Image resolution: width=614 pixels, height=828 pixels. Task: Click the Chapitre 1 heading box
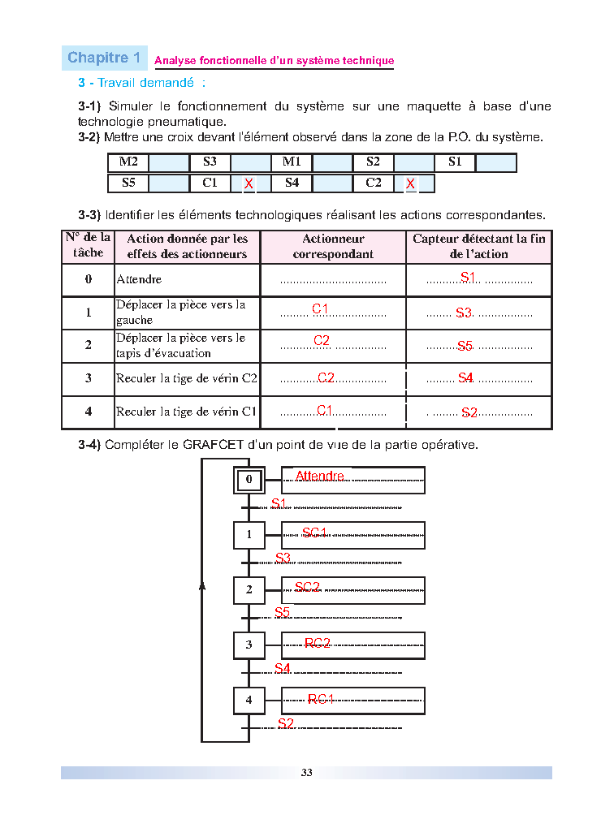coord(105,58)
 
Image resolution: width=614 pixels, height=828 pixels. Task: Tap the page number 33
coord(306,773)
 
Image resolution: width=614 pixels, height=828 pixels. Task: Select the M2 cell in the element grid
coord(128,162)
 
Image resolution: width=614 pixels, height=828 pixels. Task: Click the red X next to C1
coord(249,184)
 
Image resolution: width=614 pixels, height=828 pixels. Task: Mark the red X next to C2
coord(411,184)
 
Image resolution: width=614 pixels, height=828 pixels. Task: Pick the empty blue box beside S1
coord(495,162)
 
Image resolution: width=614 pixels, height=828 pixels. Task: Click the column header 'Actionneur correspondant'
coord(333,247)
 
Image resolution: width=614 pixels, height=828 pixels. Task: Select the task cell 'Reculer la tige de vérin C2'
coord(186,378)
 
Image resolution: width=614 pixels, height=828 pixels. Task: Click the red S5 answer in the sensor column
coord(465,346)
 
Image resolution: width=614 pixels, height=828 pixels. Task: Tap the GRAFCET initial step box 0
coord(249,480)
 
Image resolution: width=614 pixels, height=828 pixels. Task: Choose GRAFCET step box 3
coord(249,645)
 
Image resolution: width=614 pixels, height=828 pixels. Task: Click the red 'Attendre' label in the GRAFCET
coord(319,477)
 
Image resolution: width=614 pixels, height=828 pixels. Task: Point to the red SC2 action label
coord(307,587)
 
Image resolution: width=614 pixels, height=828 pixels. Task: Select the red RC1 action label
coord(321,699)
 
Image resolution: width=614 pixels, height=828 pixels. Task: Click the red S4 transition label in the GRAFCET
coord(283,669)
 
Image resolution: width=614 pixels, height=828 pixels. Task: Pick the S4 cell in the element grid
coord(292,183)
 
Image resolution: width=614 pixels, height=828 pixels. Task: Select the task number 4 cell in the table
coord(89,412)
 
